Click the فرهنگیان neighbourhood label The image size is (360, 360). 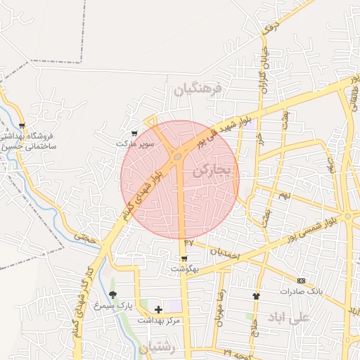pyautogui.click(x=198, y=89)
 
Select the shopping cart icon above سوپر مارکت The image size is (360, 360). pyautogui.click(x=134, y=133)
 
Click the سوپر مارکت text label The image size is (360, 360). pyautogui.click(x=135, y=143)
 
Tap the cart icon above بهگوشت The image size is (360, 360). pyautogui.click(x=184, y=258)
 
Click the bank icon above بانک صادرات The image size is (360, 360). pyautogui.click(x=302, y=281)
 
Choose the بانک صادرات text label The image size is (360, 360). pyautogui.click(x=302, y=291)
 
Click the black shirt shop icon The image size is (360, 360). pyautogui.click(x=255, y=296)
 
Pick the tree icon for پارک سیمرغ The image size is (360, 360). pyautogui.click(x=112, y=295)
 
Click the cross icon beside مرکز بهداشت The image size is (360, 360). pyautogui.click(x=158, y=309)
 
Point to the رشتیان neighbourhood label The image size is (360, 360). pyautogui.click(x=155, y=347)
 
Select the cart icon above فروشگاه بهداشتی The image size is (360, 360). pyautogui.click(x=22, y=125)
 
